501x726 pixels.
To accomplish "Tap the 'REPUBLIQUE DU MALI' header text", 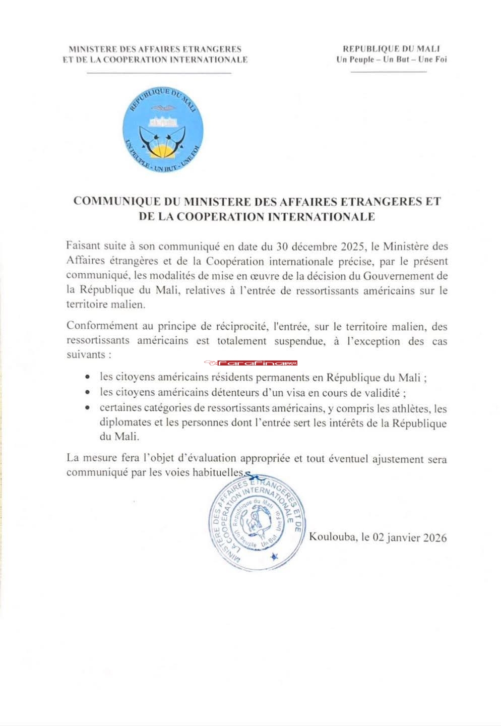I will point(391,49).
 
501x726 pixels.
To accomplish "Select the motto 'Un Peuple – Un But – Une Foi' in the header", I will point(391,59).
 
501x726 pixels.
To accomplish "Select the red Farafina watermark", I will point(250,363).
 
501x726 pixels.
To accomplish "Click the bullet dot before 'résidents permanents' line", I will point(89,377).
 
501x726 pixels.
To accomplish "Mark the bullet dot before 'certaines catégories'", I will point(89,408).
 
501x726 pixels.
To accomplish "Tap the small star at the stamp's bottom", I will point(274,557).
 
